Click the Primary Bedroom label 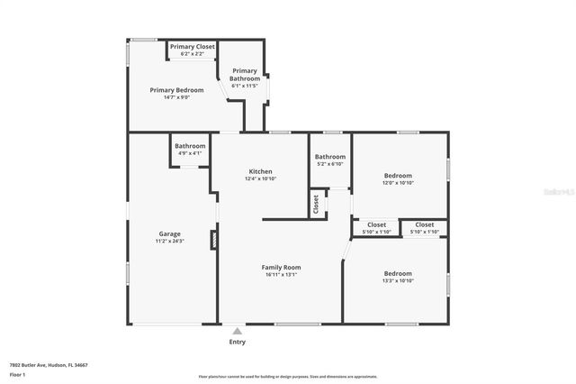tap(176, 90)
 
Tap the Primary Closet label tap(192, 47)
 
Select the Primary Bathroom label tap(245, 75)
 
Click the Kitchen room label tap(260, 171)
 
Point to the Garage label tap(170, 234)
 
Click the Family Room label tap(281, 267)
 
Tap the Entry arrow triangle tap(237, 331)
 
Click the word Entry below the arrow tap(237, 342)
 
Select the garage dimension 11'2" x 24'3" tap(170, 242)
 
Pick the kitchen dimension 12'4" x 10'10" tap(260, 178)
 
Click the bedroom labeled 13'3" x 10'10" tap(398, 277)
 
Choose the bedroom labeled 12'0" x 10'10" tap(398, 179)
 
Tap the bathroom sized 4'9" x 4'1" tap(190, 150)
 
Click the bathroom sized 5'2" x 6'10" tap(330, 160)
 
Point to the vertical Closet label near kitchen tap(316, 204)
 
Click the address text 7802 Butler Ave tap(49, 365)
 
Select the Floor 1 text tap(18, 374)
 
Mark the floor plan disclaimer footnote tap(288, 376)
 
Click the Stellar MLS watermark tap(554, 192)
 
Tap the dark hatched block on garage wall tap(213, 240)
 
